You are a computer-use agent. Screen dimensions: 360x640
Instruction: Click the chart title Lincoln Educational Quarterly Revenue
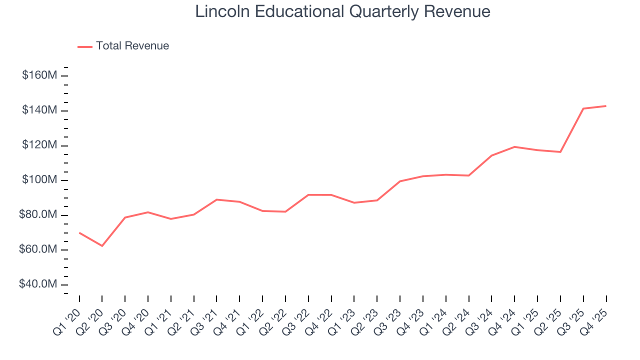coord(342,11)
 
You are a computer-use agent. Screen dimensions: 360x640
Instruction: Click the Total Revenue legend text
coord(132,46)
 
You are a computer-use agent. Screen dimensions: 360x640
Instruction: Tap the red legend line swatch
coord(85,46)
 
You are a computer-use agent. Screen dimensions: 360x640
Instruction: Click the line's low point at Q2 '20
coord(102,246)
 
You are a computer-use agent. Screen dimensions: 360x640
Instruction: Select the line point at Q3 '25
coord(583,108)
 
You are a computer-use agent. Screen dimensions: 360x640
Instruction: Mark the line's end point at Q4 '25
coord(606,106)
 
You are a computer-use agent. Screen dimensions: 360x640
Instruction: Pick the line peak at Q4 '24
coord(514,146)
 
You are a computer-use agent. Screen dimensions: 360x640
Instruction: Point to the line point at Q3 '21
coord(216,199)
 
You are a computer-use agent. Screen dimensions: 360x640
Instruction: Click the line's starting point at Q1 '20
coord(79,232)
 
